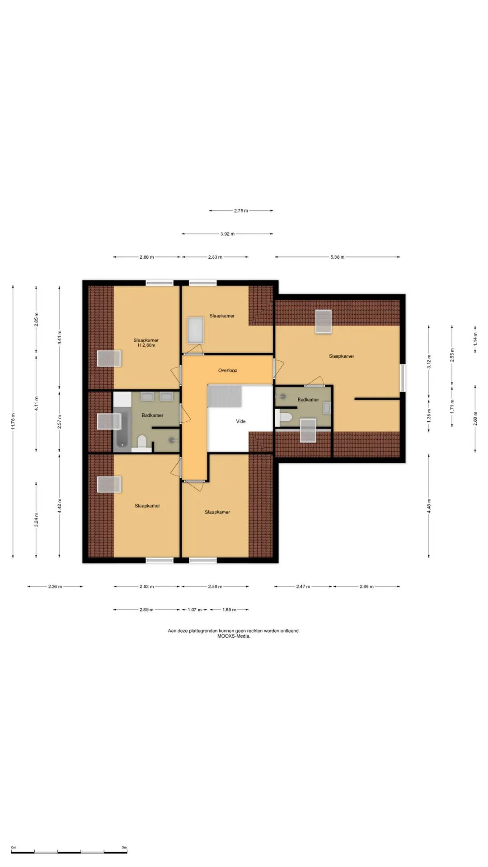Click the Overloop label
[227, 371]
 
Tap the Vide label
[241, 421]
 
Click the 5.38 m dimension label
[338, 257]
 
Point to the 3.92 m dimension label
[228, 234]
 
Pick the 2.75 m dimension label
[241, 210]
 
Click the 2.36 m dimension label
[55, 587]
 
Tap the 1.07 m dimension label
[195, 610]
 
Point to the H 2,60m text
[146, 345]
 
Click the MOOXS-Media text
[234, 636]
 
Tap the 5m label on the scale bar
[124, 848]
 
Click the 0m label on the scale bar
[14, 848]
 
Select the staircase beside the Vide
[225, 396]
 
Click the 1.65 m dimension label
[229, 610]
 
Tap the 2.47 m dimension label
[303, 587]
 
